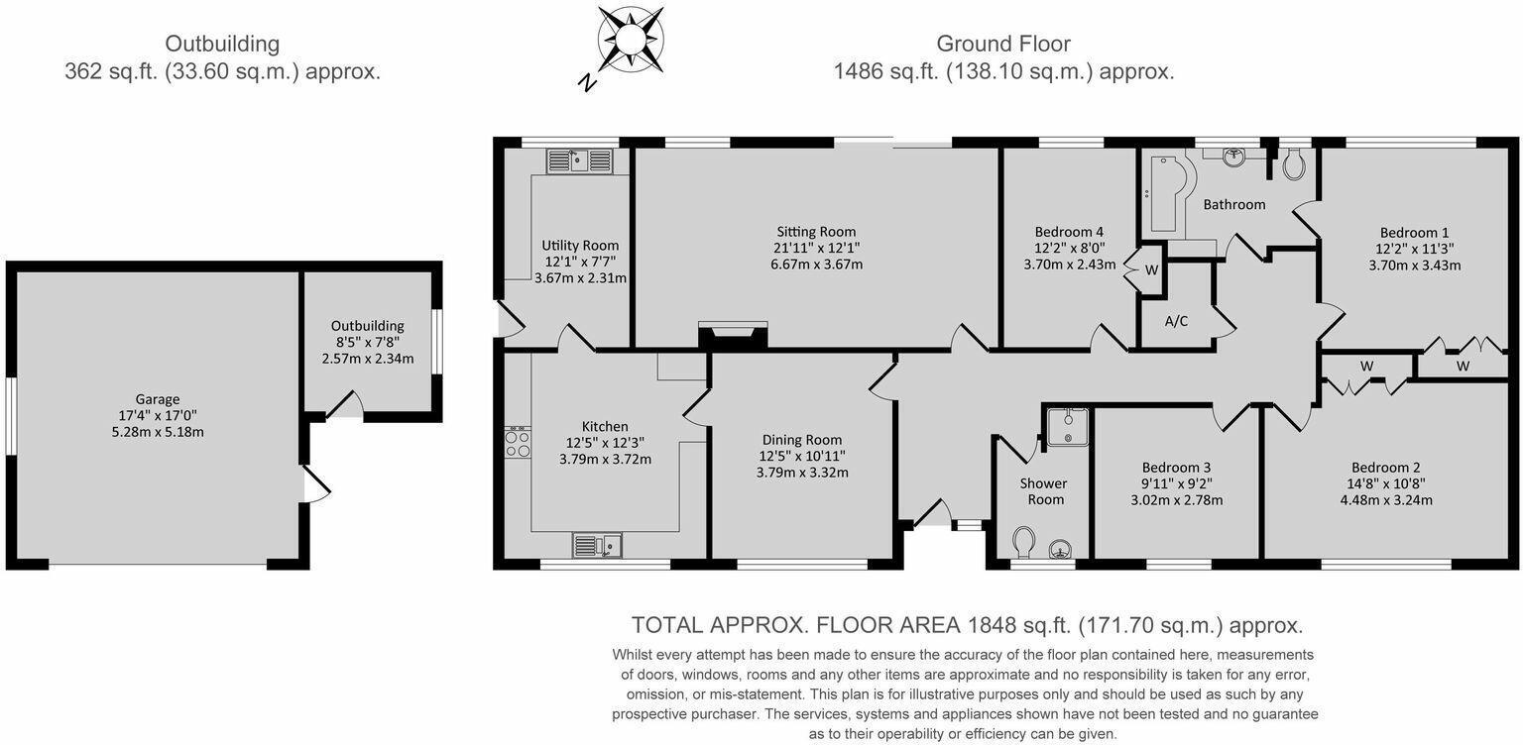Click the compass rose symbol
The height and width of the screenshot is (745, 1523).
[x=631, y=40]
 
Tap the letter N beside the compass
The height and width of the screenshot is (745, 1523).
[x=587, y=82]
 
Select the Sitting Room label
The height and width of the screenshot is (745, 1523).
[x=816, y=232]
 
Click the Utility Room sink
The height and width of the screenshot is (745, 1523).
[x=580, y=160]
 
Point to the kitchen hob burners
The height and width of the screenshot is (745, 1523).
[x=518, y=443]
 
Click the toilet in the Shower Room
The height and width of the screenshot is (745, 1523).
[x=1024, y=543]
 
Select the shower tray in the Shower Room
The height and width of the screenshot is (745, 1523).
[x=1068, y=426]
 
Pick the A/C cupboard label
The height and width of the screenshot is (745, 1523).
[x=1176, y=321]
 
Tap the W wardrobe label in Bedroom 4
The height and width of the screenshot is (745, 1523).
[x=1151, y=270]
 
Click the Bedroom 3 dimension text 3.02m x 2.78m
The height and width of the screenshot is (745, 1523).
[x=1176, y=500]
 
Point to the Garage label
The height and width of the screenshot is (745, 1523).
[x=157, y=399]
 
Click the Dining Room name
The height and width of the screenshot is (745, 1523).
[x=801, y=440]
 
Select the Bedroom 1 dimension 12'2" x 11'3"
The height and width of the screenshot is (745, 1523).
[x=1414, y=249]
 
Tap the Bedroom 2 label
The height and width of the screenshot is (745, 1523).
[x=1385, y=468]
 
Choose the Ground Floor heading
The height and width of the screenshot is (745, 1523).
[x=1003, y=44]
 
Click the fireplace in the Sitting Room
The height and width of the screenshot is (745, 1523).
[x=733, y=335]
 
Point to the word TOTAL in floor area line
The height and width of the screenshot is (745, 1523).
[x=667, y=625]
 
